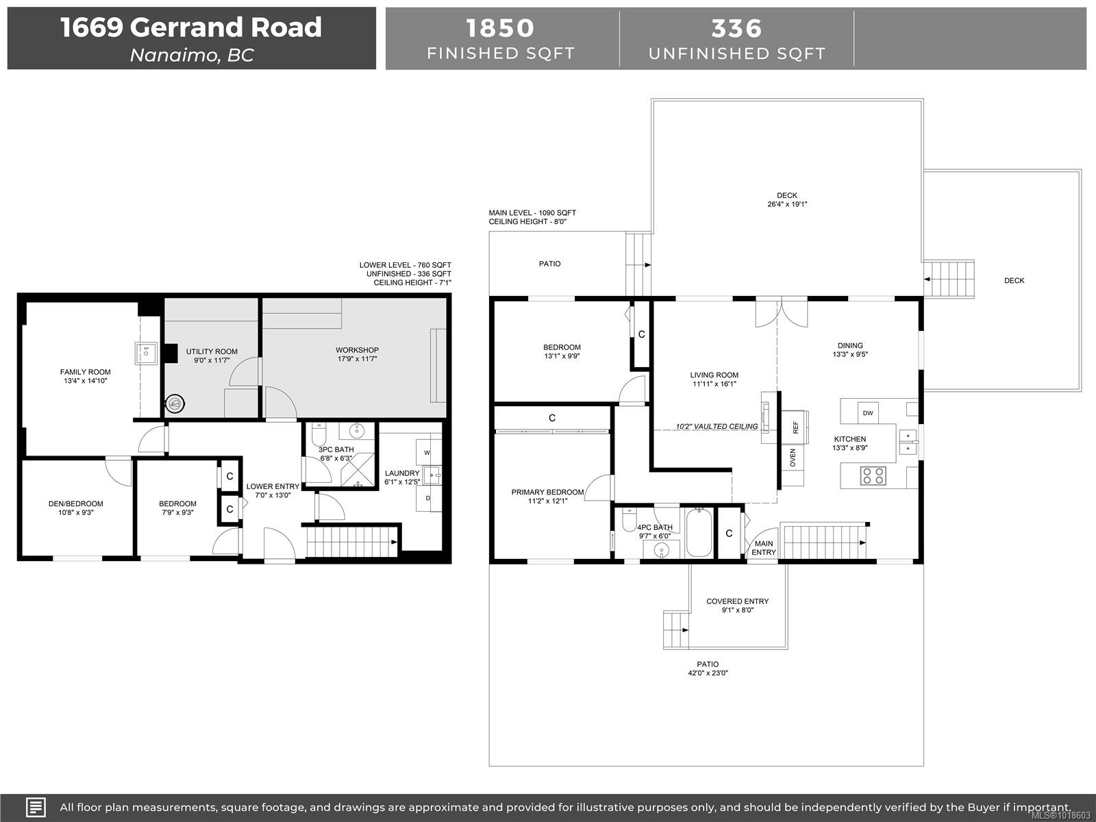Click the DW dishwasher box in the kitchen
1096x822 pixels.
(868, 412)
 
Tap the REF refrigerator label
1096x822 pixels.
(796, 427)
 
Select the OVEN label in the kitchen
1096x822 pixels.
(793, 458)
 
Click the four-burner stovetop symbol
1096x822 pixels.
(873, 475)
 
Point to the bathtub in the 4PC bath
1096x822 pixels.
(699, 532)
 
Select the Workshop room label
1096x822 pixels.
(357, 350)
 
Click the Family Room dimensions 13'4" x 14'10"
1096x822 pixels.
(85, 381)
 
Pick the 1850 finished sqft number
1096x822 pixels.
(500, 28)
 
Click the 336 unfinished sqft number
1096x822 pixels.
(736, 28)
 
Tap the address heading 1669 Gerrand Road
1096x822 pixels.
(191, 27)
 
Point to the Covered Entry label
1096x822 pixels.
(737, 601)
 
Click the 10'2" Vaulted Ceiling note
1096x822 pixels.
(717, 426)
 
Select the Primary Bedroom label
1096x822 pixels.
(547, 492)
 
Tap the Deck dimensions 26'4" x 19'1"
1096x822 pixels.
(787, 204)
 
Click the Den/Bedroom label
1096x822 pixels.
(76, 503)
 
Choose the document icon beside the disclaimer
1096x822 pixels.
(36, 807)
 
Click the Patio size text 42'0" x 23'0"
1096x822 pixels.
(708, 673)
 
